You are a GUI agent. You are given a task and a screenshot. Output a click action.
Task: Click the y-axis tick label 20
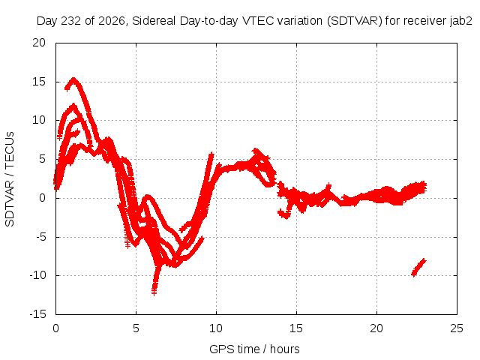click(x=39, y=43)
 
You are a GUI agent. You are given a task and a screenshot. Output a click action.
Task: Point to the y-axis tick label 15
click(x=39, y=82)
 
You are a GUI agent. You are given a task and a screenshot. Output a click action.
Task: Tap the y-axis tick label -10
click(x=37, y=275)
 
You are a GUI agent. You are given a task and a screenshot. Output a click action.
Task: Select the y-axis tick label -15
click(x=37, y=314)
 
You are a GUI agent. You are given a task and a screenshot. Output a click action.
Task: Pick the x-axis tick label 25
click(x=457, y=328)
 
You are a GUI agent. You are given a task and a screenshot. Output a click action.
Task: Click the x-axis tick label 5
click(x=136, y=328)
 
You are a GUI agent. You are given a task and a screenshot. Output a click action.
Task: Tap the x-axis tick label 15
click(x=296, y=328)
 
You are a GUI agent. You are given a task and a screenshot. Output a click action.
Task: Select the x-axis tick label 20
click(x=376, y=328)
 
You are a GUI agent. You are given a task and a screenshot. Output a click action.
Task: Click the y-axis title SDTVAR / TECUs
click(x=10, y=179)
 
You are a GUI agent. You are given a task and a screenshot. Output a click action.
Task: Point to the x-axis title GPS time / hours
click(x=254, y=349)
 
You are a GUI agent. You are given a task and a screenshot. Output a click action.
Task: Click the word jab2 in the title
click(x=461, y=21)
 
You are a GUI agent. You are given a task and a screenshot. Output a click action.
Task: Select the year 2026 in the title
click(x=112, y=21)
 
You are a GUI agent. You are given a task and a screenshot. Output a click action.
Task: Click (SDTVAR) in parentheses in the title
click(x=355, y=21)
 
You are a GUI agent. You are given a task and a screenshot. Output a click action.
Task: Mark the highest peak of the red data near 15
click(x=73, y=79)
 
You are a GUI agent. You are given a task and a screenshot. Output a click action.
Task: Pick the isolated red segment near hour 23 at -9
click(x=418, y=268)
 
